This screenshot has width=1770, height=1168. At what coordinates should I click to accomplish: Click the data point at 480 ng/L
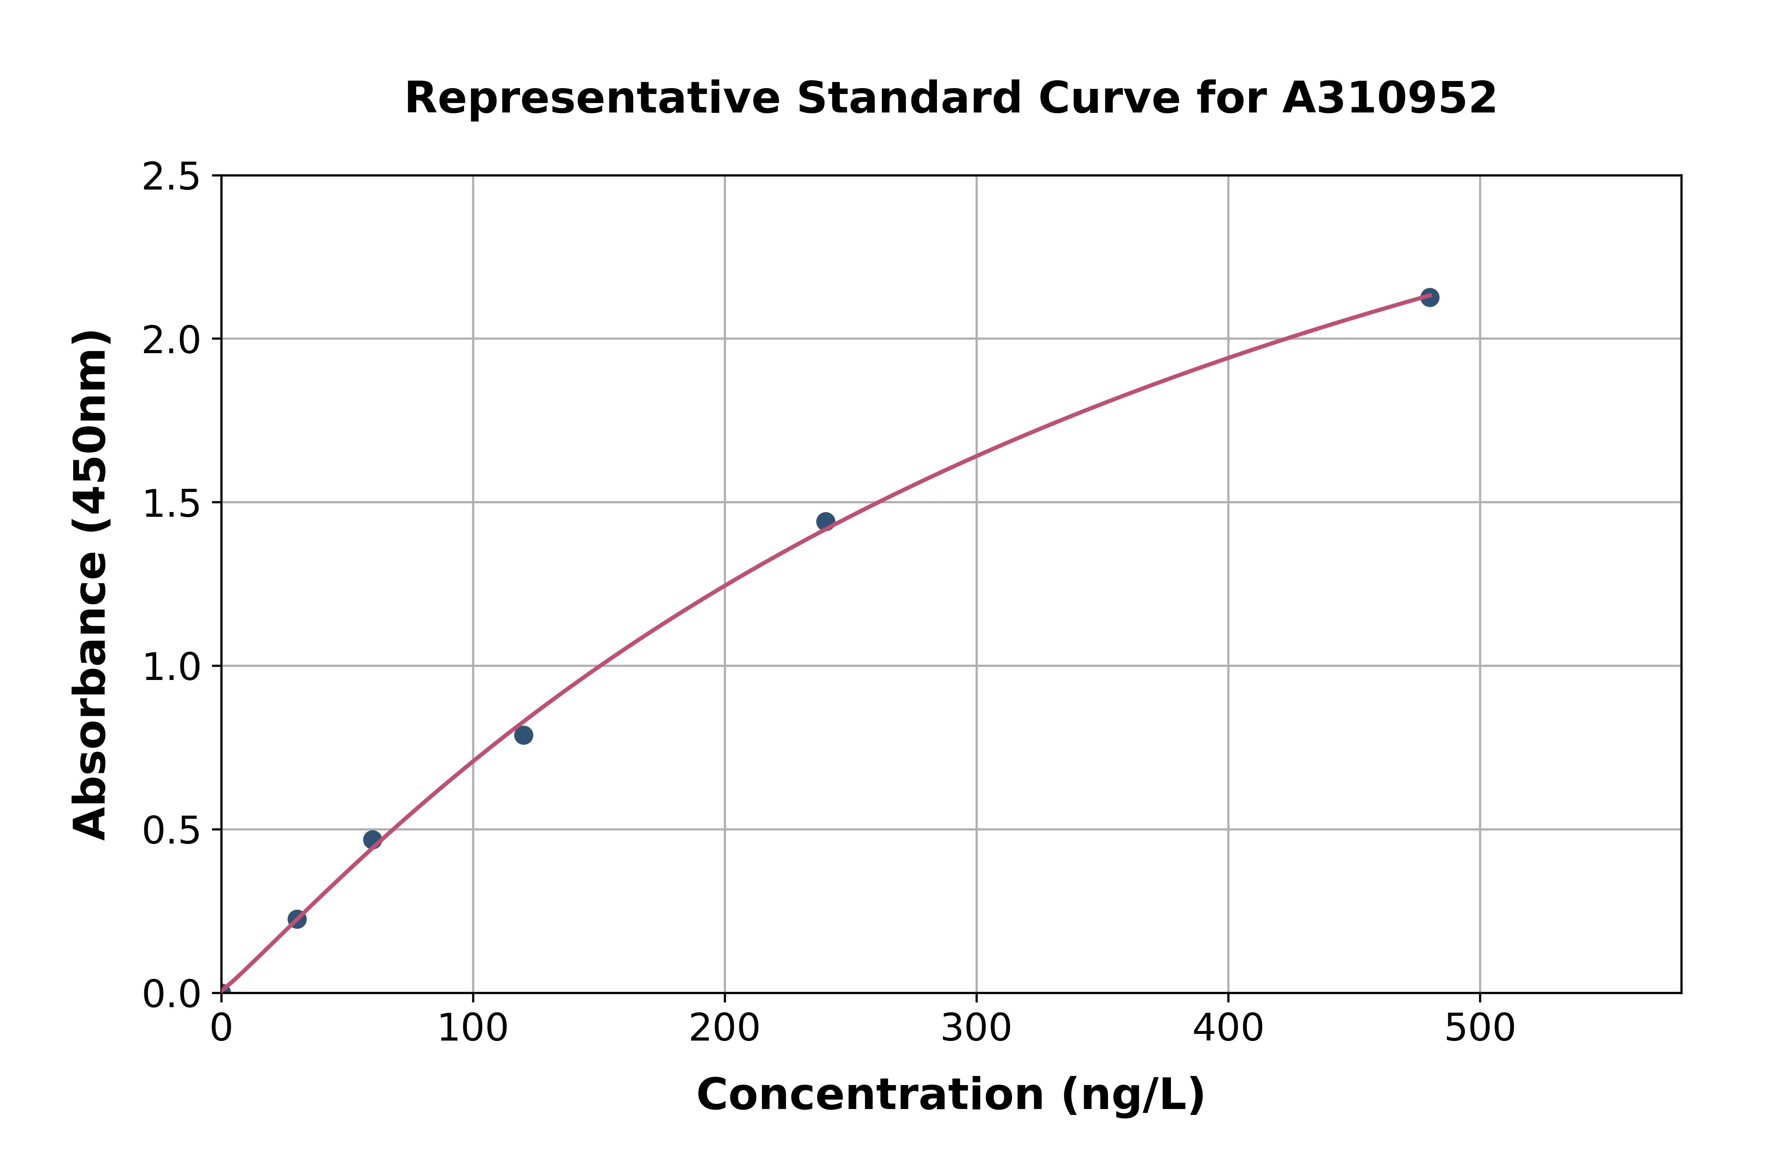click(1429, 297)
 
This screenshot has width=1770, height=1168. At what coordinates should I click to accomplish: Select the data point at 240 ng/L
click(825, 521)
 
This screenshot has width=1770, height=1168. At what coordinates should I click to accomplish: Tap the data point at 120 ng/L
click(524, 735)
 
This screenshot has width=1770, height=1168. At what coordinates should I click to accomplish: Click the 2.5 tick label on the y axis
click(171, 177)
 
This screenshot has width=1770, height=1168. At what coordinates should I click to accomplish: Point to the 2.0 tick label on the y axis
click(171, 341)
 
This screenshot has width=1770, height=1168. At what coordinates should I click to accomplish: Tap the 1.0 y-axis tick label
click(171, 667)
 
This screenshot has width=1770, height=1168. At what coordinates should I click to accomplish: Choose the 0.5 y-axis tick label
click(171, 831)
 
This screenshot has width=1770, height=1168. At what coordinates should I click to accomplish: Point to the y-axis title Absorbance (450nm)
click(91, 585)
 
